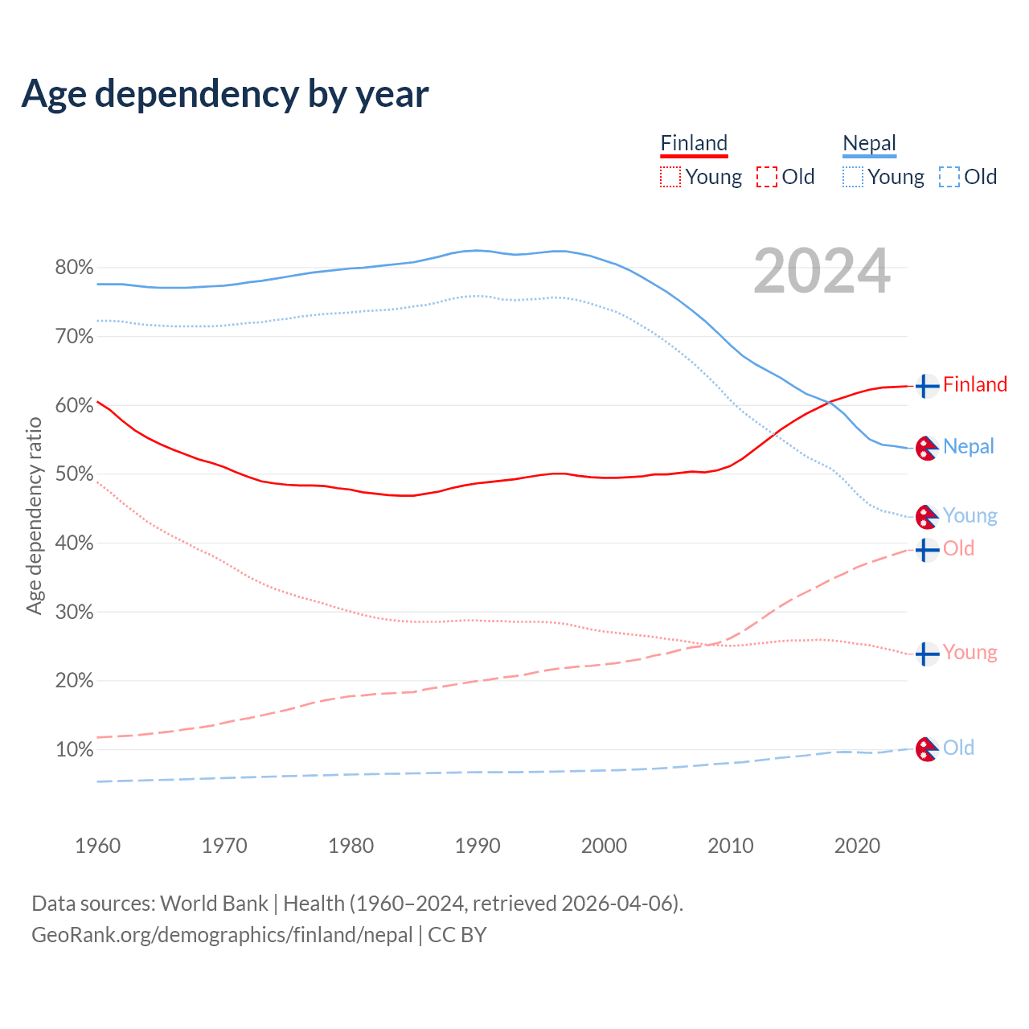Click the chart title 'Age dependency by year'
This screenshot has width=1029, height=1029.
pyautogui.click(x=225, y=94)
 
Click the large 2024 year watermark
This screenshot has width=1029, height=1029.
pyautogui.click(x=822, y=271)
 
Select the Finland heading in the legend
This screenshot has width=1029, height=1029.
pyautogui.click(x=694, y=144)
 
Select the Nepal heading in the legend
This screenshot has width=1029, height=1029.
pyautogui.click(x=869, y=144)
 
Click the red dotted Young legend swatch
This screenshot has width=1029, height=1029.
pyautogui.click(x=670, y=177)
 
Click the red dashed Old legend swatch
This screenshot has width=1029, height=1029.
pyautogui.click(x=767, y=177)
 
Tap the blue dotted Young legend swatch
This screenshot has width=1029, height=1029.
pyautogui.click(x=853, y=177)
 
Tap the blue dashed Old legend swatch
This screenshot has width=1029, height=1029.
pyautogui.click(x=949, y=177)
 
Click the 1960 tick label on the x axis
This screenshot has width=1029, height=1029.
pyautogui.click(x=97, y=846)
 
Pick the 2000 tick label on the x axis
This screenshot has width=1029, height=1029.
pyautogui.click(x=604, y=846)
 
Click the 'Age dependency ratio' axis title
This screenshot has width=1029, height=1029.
pyautogui.click(x=34, y=515)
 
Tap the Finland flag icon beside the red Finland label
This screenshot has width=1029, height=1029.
pyautogui.click(x=927, y=386)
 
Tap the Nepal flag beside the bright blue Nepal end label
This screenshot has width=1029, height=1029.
pyautogui.click(x=927, y=448)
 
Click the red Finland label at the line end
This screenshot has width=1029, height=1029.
pyautogui.click(x=974, y=384)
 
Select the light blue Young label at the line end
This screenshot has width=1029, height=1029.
pyautogui.click(x=970, y=515)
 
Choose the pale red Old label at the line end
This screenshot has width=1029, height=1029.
pyautogui.click(x=958, y=548)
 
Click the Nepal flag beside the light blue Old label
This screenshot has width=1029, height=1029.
pyautogui.click(x=927, y=749)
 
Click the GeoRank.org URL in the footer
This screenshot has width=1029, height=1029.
pyautogui.click(x=222, y=935)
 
